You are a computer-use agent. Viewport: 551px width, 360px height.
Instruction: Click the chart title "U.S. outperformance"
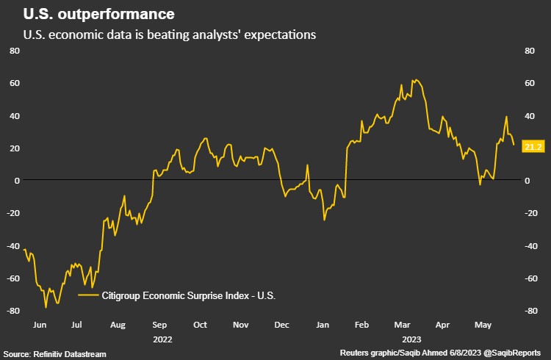coord(99,14)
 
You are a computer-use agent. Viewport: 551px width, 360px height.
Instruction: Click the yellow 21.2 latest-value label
coord(533,147)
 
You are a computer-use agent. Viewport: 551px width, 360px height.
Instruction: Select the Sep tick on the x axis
coord(159,323)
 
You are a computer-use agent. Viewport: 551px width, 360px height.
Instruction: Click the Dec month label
coord(281,323)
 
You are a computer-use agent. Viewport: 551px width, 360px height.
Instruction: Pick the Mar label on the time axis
coord(403,323)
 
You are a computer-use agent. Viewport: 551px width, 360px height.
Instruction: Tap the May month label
coord(483,323)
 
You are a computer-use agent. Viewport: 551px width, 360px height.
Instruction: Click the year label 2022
coord(163,339)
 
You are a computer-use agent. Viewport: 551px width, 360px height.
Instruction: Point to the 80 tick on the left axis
coord(14,51)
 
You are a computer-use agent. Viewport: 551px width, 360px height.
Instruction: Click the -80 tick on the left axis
coord(12,311)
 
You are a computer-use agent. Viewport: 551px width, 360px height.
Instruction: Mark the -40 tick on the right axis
coord(527,246)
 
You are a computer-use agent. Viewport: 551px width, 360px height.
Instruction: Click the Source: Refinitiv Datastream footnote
coord(54,354)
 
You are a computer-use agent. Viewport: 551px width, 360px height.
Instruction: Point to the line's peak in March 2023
coord(415,79)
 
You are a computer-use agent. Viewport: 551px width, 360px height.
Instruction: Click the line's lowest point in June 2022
coord(46,307)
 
